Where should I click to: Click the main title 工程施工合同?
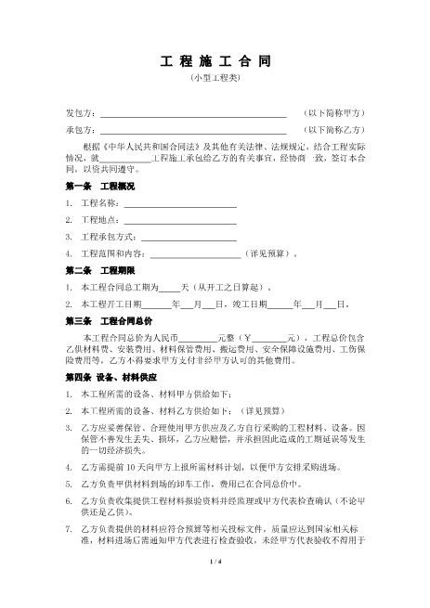coord(214,61)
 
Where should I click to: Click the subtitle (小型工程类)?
coord(214,81)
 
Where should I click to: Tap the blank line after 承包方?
coord(192,131)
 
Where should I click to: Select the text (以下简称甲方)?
coord(334,113)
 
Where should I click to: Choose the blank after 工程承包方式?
coord(186,236)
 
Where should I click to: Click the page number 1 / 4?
coord(215,587)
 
